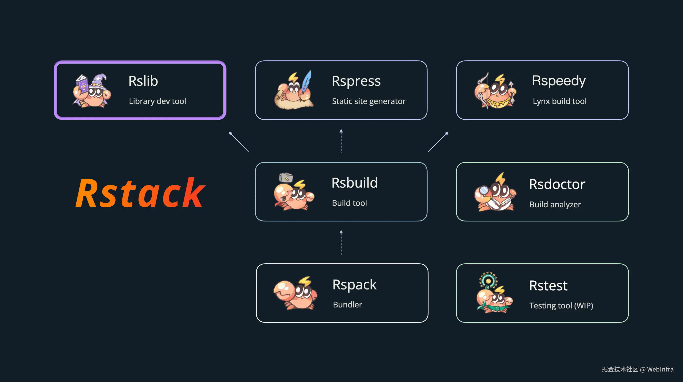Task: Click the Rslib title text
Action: (143, 81)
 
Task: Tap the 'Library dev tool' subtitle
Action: (157, 101)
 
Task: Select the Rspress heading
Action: (356, 81)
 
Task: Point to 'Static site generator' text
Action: (369, 101)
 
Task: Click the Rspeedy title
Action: (559, 81)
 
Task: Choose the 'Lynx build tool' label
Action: (559, 101)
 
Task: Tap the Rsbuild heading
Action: (354, 183)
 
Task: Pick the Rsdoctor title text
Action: (557, 184)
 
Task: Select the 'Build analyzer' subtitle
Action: (555, 204)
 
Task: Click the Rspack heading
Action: (354, 285)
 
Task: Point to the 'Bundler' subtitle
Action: (347, 305)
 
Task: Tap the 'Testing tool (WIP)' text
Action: (561, 306)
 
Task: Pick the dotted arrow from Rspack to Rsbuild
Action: (341, 242)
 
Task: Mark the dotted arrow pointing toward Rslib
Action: (239, 142)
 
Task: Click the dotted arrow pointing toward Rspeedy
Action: (438, 142)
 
